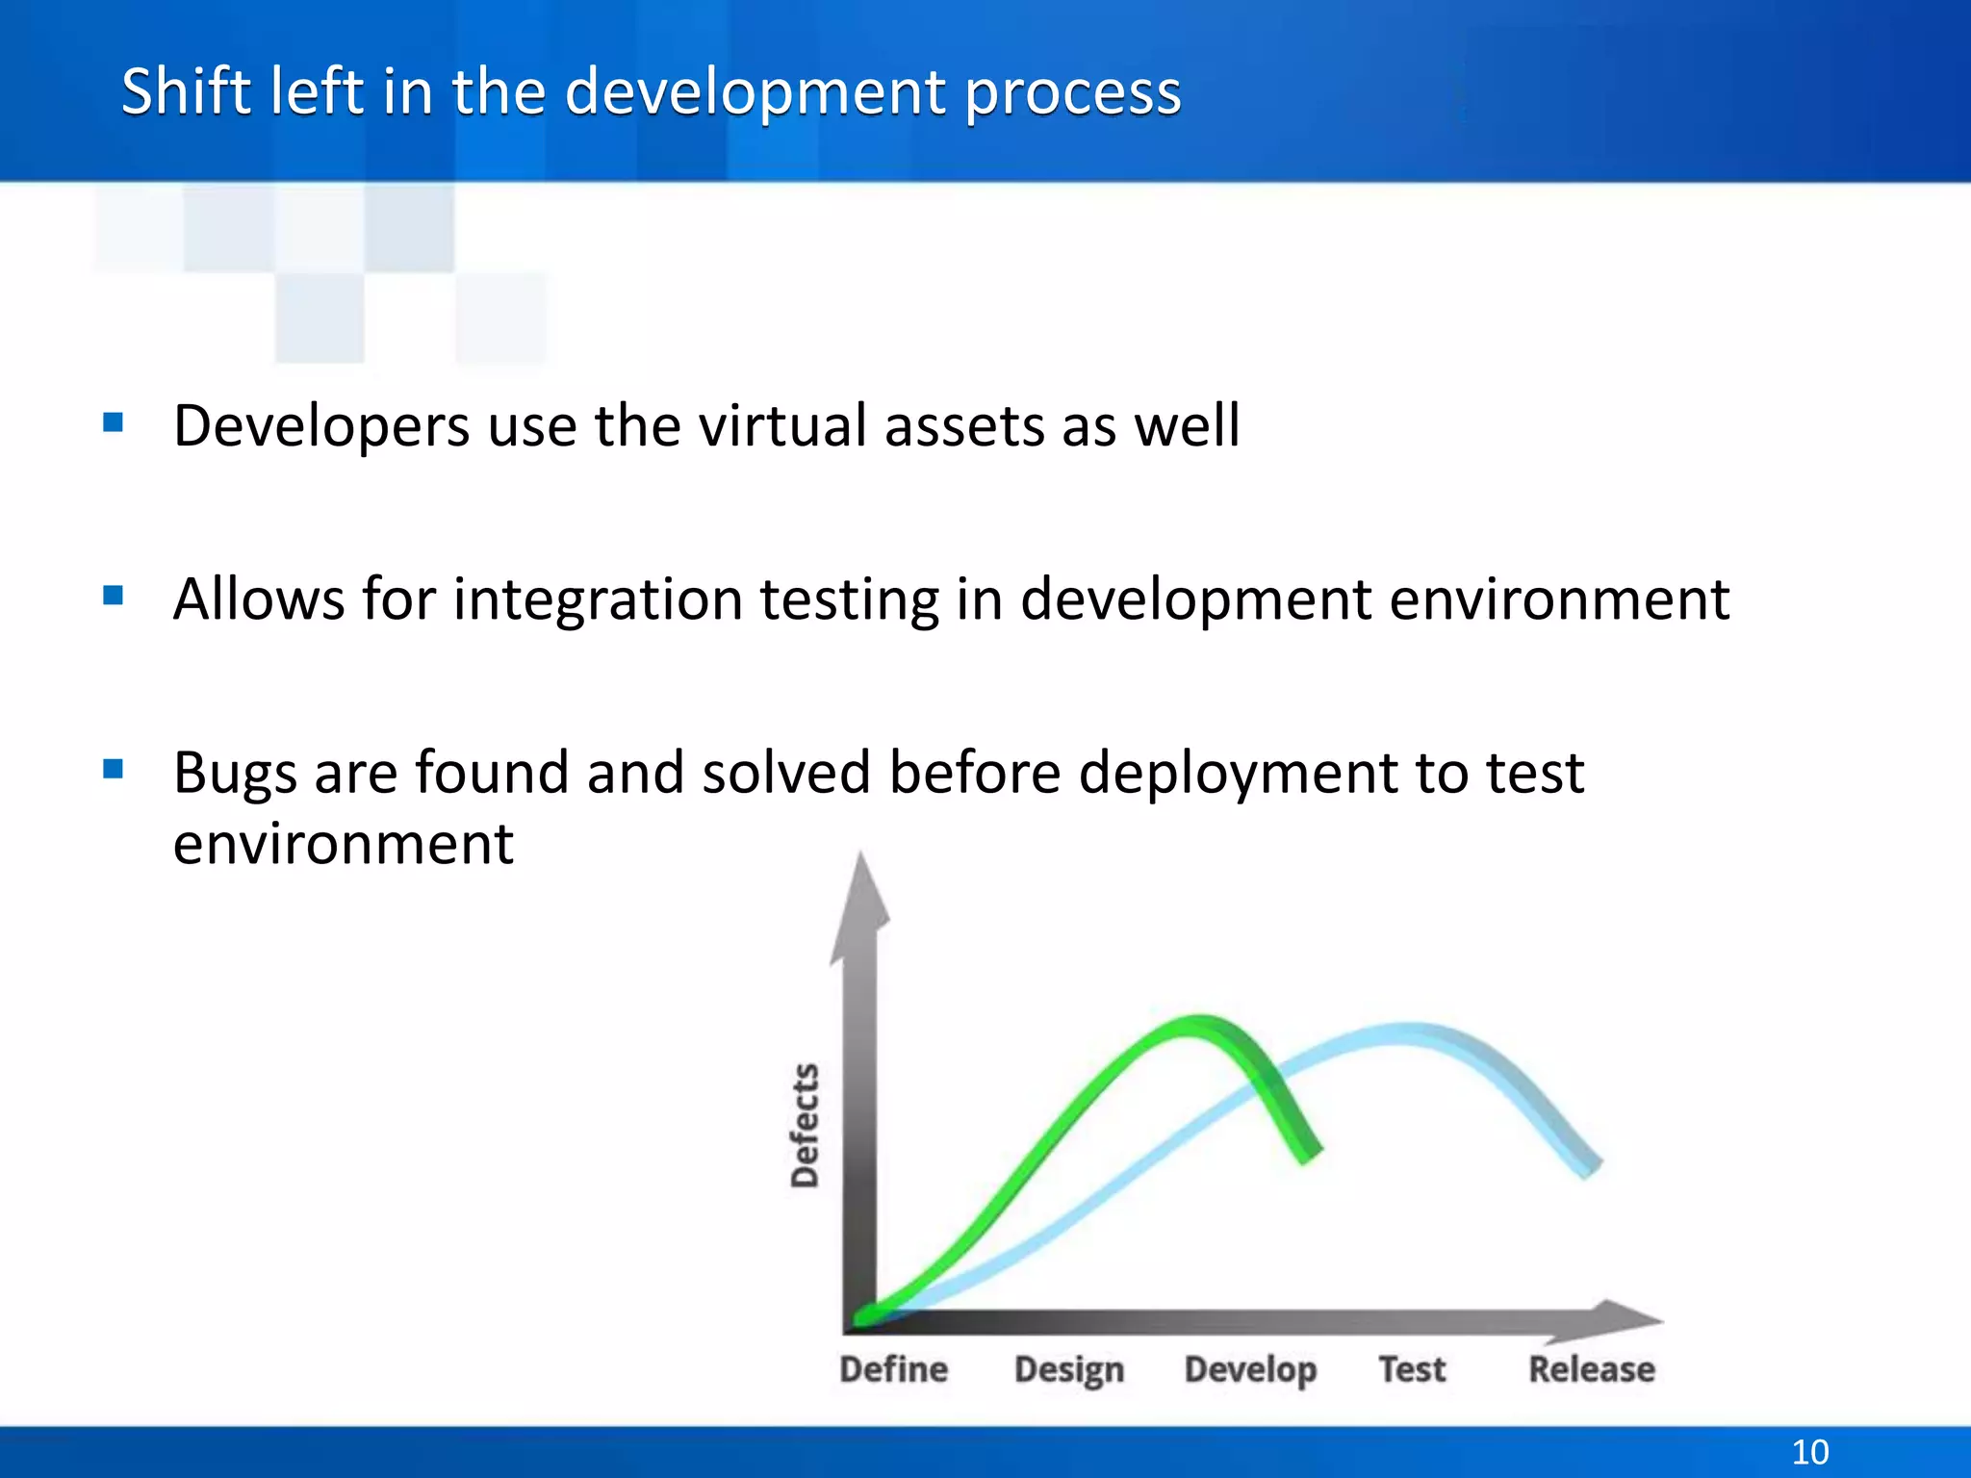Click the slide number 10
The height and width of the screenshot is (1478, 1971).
tap(1809, 1451)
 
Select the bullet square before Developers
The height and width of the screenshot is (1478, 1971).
tap(114, 422)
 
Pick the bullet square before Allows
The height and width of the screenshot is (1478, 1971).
tap(114, 596)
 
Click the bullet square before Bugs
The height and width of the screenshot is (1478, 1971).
tap(114, 769)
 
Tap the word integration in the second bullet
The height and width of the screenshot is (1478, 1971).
tap(600, 599)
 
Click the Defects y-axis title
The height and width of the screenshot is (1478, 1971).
tap(805, 1125)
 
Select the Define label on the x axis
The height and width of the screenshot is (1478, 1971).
tap(893, 1368)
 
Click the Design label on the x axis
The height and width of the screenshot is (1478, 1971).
tap(1068, 1368)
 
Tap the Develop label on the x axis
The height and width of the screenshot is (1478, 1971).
tap(1250, 1368)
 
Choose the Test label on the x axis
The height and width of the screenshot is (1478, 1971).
tap(1411, 1368)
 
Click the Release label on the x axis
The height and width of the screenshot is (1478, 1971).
tap(1592, 1368)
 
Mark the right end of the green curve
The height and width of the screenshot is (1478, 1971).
tap(1311, 1153)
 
